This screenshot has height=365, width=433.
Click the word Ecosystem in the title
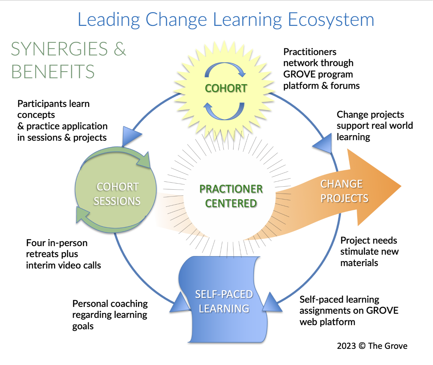[331, 20]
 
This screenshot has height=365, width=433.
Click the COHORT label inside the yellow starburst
[226, 88]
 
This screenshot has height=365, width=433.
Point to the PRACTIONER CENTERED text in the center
[231, 196]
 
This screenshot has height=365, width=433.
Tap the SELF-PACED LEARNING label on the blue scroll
[224, 301]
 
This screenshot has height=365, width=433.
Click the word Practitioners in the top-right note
[310, 52]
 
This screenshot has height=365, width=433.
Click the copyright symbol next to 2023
[362, 346]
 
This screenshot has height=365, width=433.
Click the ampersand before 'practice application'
[20, 126]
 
